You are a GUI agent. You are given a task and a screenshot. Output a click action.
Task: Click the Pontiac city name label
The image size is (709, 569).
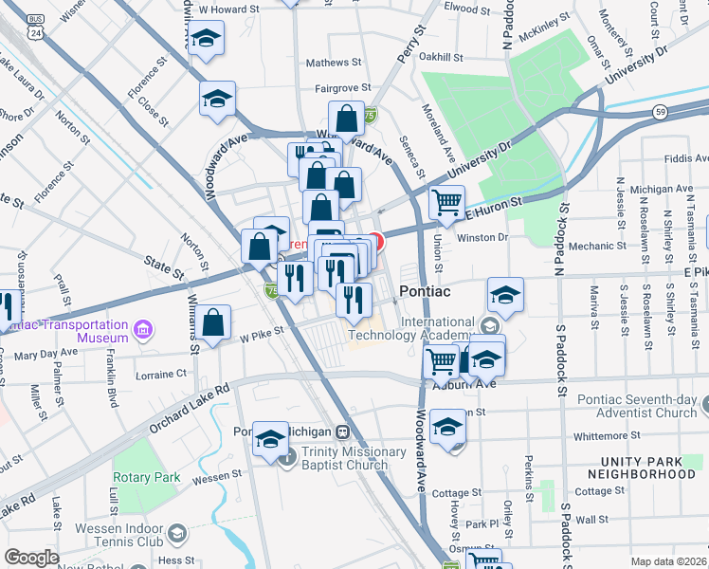[x=429, y=291]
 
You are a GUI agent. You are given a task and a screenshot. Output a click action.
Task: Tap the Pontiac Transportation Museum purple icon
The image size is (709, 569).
[x=142, y=330]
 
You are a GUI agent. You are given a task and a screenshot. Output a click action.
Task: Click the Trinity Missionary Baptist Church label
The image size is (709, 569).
[x=345, y=458]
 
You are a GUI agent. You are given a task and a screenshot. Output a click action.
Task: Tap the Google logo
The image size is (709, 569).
[x=31, y=558]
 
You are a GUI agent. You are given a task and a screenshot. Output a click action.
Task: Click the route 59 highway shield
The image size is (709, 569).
[x=659, y=112]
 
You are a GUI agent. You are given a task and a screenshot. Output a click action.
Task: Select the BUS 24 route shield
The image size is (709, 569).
[x=36, y=27]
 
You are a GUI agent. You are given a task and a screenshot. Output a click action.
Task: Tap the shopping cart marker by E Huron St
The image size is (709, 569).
[x=446, y=202]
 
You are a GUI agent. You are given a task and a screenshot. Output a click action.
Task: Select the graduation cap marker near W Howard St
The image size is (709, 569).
[x=206, y=39]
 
